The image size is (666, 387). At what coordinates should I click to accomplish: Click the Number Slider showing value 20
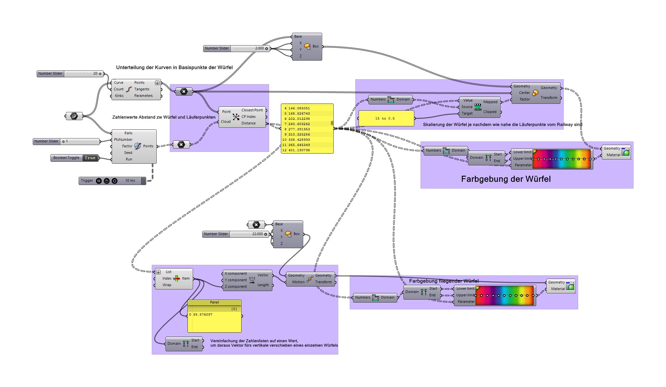[70, 74]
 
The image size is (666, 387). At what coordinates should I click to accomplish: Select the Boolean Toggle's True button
[90, 158]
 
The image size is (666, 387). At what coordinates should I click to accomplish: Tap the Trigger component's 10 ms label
[130, 181]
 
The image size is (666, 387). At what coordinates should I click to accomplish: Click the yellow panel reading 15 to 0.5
[386, 119]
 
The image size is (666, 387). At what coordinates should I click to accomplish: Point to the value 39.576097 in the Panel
[203, 315]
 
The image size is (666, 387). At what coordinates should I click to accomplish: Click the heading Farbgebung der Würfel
[505, 179]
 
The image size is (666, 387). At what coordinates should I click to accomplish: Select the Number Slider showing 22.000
[236, 234]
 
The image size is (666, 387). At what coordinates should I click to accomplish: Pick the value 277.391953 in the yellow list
[299, 129]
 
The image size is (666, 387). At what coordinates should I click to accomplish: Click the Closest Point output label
[252, 110]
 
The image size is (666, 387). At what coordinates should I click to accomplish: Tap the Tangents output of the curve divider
[142, 89]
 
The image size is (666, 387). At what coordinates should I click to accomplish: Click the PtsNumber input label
[123, 140]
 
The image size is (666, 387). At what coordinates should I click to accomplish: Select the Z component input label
[236, 287]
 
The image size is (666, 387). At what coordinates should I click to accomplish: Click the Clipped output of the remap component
[489, 112]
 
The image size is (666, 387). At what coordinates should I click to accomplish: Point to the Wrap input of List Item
[167, 285]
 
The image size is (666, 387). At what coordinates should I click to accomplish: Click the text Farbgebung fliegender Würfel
[443, 281]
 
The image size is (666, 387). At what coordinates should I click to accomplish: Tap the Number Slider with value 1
[66, 141]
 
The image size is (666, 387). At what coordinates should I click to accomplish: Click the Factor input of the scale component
[524, 100]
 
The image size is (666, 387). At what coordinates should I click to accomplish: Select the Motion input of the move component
[298, 282]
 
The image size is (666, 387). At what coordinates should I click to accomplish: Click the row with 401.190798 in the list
[299, 150]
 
